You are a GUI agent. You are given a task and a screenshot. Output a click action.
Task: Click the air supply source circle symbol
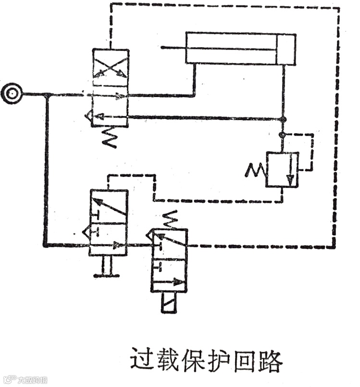pos(11,94)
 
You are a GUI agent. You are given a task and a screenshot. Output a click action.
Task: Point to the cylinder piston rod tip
pos(162,47)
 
